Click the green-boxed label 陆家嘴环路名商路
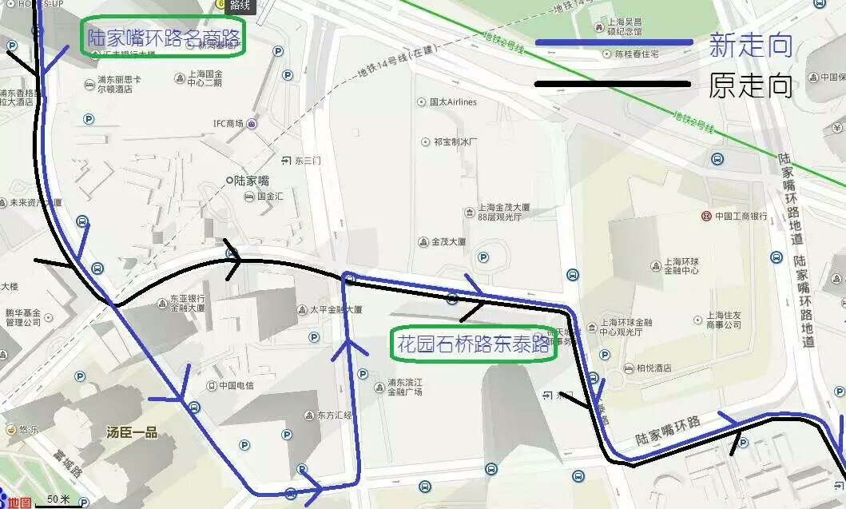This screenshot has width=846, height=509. point(164,38)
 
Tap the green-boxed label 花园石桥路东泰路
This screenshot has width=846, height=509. point(473,344)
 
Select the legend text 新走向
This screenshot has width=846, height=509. point(750,45)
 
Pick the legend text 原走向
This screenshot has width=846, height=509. point(750,85)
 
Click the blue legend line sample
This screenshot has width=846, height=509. point(614,42)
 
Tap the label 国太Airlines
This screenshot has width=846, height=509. point(452,102)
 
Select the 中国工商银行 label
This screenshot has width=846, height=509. point(740,217)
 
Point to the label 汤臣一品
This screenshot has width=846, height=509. point(132,432)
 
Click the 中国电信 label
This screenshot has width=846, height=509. point(236,385)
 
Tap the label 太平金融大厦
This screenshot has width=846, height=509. point(336,309)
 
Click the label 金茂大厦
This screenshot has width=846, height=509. point(448,242)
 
